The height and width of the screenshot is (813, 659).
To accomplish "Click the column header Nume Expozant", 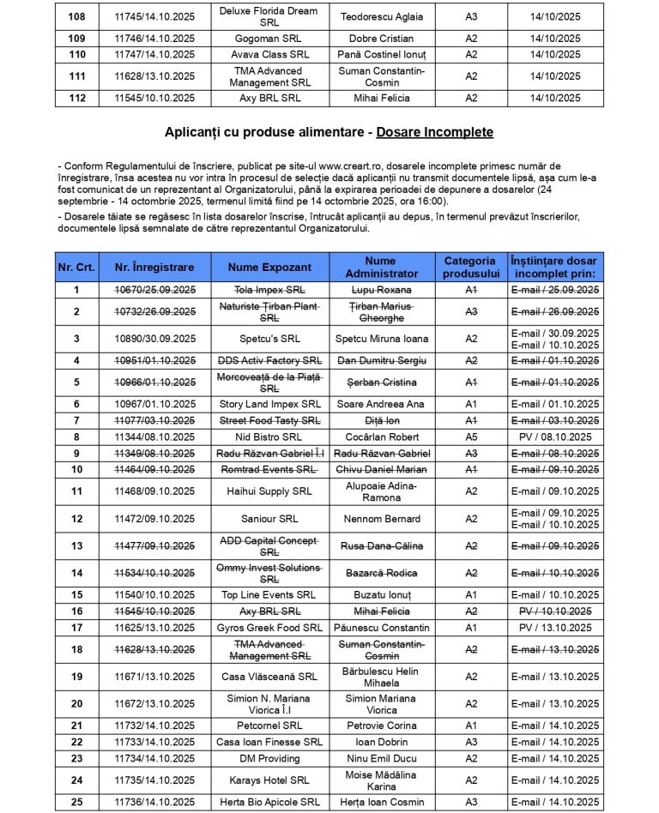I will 269,268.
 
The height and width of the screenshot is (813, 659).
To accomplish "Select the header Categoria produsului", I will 470,267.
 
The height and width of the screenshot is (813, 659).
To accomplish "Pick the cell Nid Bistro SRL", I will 269,437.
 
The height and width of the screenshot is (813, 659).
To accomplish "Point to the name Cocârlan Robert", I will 380,437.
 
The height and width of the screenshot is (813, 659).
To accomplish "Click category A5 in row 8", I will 470,437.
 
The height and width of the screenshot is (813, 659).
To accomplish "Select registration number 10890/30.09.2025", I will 154,339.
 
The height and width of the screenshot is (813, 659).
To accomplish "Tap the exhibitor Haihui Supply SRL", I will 269,491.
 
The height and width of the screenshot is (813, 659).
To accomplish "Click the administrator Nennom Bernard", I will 380,519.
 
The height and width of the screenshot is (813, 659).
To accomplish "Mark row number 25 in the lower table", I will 76,802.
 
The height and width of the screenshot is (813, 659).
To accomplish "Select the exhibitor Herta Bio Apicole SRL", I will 269,802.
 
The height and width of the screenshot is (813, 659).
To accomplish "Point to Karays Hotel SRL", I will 269,780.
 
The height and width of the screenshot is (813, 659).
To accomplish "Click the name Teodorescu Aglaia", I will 380,16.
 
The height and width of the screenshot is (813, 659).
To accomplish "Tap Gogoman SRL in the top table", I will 269,39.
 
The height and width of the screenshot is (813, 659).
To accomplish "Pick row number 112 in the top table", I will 76,98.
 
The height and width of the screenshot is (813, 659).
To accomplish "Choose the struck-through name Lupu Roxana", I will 380,290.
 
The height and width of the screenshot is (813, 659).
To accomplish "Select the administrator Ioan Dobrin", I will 380,742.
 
